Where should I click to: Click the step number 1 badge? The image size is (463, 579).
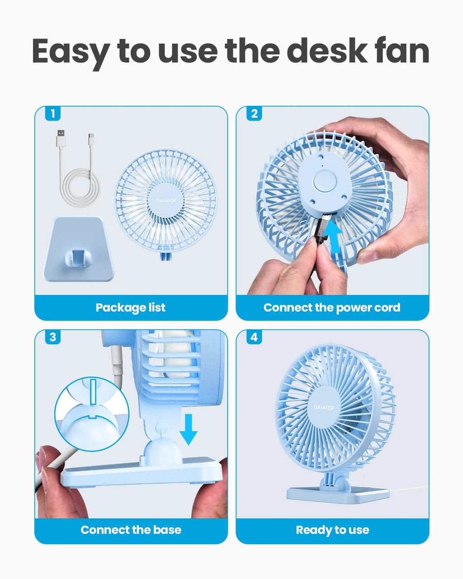tap(53, 114)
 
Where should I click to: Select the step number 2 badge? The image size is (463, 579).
tap(254, 114)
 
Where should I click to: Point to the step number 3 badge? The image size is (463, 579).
tap(53, 337)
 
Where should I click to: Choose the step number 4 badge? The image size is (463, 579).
tap(254, 337)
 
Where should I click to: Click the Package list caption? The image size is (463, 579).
tap(131, 308)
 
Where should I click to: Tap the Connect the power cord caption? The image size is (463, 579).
tap(332, 308)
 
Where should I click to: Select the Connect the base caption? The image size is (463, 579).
tap(131, 530)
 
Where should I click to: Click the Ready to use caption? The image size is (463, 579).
tap(332, 530)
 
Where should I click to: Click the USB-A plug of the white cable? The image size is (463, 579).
tap(60, 138)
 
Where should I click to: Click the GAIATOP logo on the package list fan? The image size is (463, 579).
tap(165, 200)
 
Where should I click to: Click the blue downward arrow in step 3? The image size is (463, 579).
tap(188, 429)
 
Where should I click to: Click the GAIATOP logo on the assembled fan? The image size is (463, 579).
tap(324, 408)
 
